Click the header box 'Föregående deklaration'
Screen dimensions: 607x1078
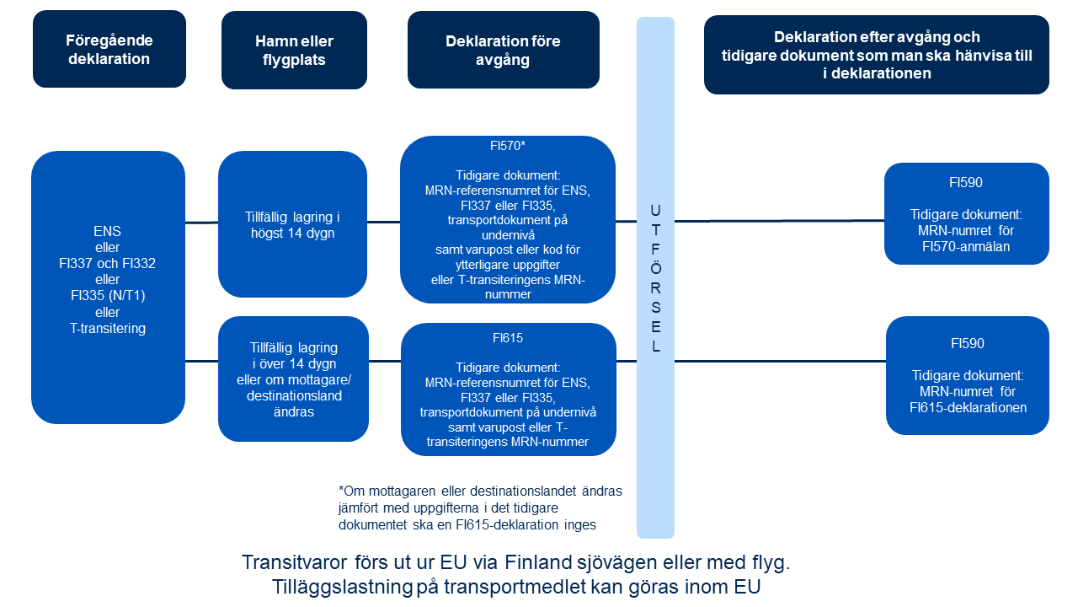(109, 49)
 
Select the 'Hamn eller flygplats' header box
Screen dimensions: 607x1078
(294, 50)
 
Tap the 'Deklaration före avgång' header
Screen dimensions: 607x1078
(503, 50)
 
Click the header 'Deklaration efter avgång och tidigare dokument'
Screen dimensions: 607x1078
(876, 55)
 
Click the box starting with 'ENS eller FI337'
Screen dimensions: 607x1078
(108, 287)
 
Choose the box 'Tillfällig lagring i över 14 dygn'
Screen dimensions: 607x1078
(293, 379)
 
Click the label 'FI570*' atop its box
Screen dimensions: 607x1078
(508, 145)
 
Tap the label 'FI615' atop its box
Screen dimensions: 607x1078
(508, 338)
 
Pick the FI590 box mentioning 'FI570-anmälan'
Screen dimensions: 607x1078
(966, 214)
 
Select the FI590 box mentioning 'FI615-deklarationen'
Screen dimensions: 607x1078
(967, 375)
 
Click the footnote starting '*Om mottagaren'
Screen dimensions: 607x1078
(479, 508)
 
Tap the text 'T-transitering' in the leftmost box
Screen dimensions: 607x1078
(108, 328)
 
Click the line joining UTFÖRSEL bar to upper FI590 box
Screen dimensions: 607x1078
(779, 221)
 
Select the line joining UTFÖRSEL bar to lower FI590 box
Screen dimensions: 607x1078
(780, 362)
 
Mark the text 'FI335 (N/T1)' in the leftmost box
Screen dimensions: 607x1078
(108, 295)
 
